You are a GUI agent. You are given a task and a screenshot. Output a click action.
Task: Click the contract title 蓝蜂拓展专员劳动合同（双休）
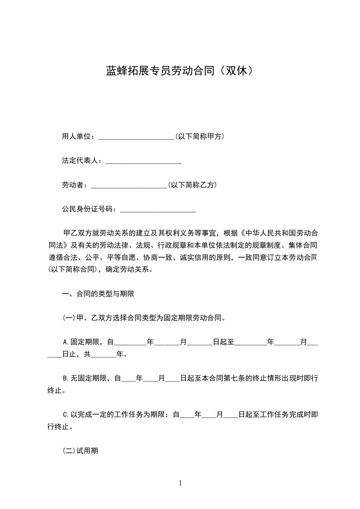pyautogui.click(x=179, y=71)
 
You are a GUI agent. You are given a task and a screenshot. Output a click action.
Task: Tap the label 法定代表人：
pyautogui.click(x=83, y=161)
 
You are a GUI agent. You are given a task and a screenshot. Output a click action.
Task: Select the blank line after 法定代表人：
pyautogui.click(x=143, y=162)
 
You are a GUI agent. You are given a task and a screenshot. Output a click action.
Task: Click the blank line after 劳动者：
pyautogui.click(x=129, y=186)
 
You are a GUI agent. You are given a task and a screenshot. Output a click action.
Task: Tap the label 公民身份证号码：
pyautogui.click(x=90, y=209)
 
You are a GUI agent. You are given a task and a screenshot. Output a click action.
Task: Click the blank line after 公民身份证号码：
pyautogui.click(x=157, y=210)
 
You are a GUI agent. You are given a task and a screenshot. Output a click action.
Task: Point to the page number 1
pyautogui.click(x=180, y=483)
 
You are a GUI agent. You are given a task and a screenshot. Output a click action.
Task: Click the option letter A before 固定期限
pyautogui.click(x=65, y=342)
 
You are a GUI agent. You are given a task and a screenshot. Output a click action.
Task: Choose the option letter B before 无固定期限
pyautogui.click(x=65, y=377)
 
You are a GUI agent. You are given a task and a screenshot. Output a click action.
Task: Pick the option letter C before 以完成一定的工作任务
pyautogui.click(x=65, y=415)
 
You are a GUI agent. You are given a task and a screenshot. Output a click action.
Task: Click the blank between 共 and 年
pyautogui.click(x=104, y=354)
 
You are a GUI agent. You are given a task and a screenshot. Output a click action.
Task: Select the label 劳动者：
pyautogui.click(x=76, y=185)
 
